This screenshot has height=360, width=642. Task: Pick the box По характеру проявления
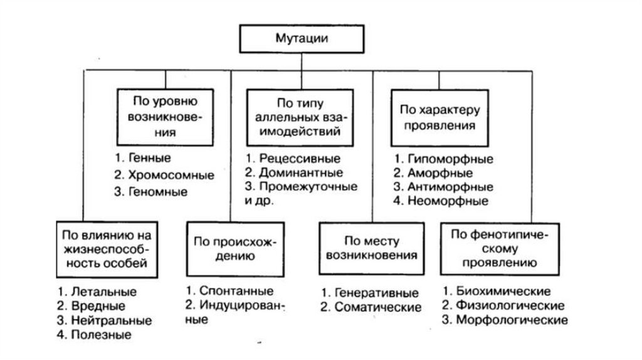click(438, 117)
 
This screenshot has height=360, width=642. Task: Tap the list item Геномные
click(159, 192)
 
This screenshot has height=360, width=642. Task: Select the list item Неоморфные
click(448, 201)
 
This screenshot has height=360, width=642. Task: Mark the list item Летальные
click(103, 292)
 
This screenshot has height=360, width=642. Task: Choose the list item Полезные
click(101, 335)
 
